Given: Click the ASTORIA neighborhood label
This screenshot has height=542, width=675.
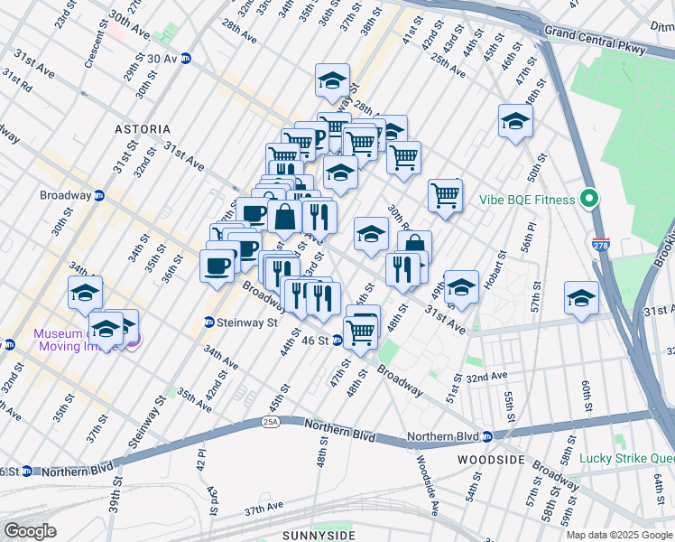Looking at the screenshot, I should click(142, 129).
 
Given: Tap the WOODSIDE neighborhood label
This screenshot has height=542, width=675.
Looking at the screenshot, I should click(491, 460).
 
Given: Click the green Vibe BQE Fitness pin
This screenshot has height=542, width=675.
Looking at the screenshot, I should click(590, 198).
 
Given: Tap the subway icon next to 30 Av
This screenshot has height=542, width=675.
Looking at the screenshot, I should click(187, 59).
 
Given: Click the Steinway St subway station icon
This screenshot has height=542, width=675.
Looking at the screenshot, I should click(208, 322).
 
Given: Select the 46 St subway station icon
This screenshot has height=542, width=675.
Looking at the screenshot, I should click(337, 341).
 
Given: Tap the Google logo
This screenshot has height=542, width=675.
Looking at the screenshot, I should click(29, 530).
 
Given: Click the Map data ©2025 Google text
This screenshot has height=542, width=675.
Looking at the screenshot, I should click(619, 536).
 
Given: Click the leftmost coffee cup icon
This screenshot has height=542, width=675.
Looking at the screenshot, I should click(217, 266).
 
